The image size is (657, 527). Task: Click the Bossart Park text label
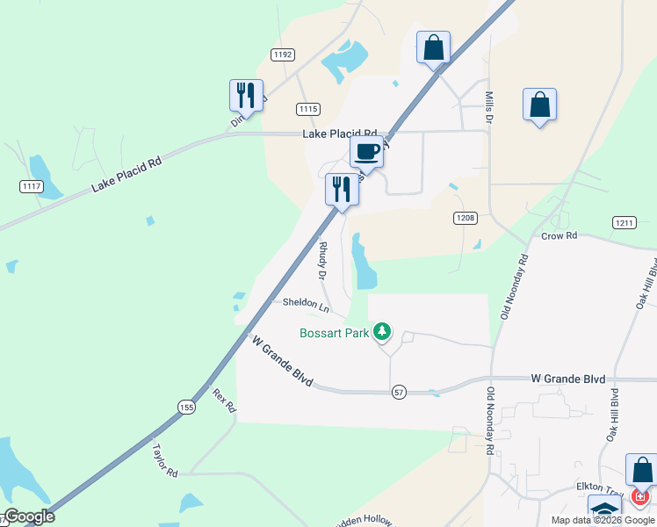tap(334, 333)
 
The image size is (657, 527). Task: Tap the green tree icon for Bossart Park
tap(381, 331)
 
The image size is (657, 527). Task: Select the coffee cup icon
tap(366, 151)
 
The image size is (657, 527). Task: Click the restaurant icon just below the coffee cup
tap(341, 189)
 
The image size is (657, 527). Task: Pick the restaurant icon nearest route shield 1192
tap(246, 95)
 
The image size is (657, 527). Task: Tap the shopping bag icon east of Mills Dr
tap(539, 105)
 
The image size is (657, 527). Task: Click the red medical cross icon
tap(639, 497)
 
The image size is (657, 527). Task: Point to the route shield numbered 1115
tap(307, 109)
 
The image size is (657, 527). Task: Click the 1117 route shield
tap(32, 186)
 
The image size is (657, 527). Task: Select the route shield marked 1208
tap(466, 217)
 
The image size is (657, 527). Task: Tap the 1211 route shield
tap(625, 223)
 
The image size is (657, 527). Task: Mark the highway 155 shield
tap(185, 407)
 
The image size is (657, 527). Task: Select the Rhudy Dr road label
tap(323, 261)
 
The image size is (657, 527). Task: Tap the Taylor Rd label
tap(165, 459)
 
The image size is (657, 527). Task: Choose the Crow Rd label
tap(559, 236)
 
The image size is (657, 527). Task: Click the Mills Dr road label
tap(490, 104)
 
